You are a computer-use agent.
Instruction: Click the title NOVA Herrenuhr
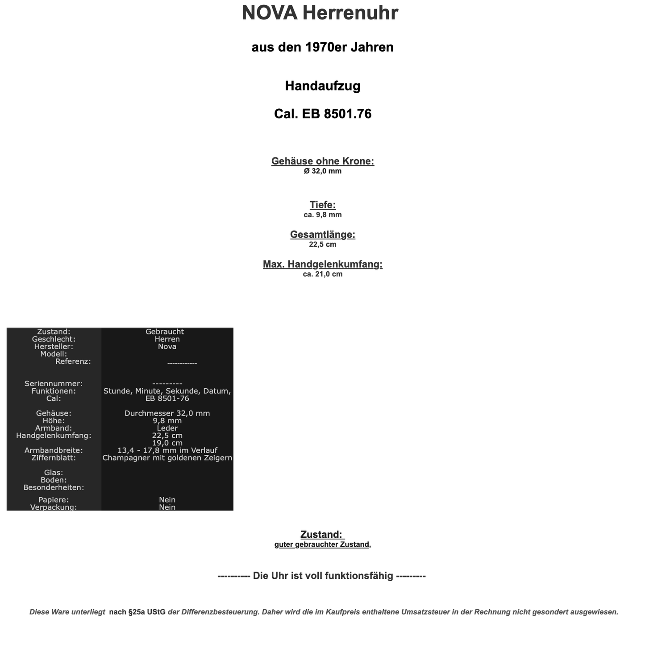pyautogui.click(x=320, y=13)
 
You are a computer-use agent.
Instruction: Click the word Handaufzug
pyautogui.click(x=322, y=86)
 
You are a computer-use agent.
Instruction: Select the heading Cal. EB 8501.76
pyautogui.click(x=322, y=114)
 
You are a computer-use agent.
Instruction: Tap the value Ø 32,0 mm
pyautogui.click(x=322, y=171)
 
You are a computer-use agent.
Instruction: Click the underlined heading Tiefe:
pyautogui.click(x=322, y=205)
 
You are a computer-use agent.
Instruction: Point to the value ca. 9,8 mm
pyautogui.click(x=322, y=215)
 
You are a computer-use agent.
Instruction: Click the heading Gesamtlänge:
pyautogui.click(x=322, y=235)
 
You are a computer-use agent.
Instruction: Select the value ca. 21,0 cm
pyautogui.click(x=322, y=274)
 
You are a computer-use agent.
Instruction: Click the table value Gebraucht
pyautogui.click(x=165, y=332)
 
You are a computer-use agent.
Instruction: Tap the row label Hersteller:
pyautogui.click(x=54, y=346)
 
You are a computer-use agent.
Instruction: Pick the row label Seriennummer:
pyautogui.click(x=54, y=383)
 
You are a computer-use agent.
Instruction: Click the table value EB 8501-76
pyautogui.click(x=167, y=399)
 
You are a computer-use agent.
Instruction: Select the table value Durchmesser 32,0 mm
pyautogui.click(x=167, y=413)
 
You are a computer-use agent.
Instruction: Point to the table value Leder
pyautogui.click(x=167, y=428)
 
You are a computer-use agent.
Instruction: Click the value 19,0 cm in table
pyautogui.click(x=167, y=443)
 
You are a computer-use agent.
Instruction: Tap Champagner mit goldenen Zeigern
pyautogui.click(x=167, y=458)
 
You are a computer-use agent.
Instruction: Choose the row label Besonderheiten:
pyautogui.click(x=54, y=488)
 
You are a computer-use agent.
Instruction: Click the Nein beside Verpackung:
pyautogui.click(x=167, y=507)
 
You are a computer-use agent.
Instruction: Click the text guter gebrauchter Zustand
pyautogui.click(x=321, y=544)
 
